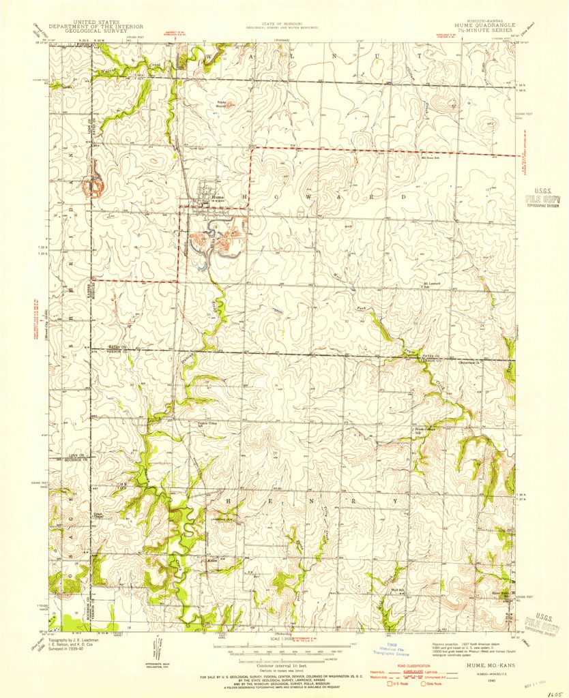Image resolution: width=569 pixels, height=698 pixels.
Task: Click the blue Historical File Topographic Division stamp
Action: click(x=397, y=648)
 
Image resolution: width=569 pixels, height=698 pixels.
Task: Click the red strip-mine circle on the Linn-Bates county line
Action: click(x=93, y=183)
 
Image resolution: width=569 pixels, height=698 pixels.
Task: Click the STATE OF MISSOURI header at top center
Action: click(x=285, y=25)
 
